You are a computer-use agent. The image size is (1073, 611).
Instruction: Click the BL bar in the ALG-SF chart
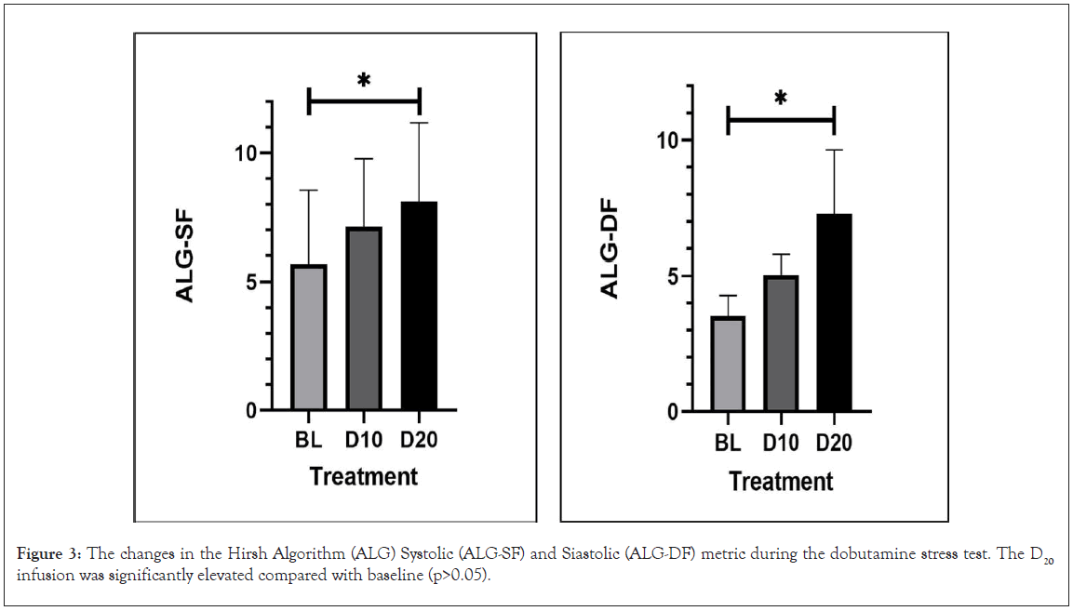coord(309,338)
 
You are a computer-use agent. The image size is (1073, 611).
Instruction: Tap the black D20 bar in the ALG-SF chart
coord(420,306)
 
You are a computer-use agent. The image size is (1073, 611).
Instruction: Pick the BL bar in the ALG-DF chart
coord(727,364)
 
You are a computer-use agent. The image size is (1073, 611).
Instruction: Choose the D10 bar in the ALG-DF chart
coord(781,343)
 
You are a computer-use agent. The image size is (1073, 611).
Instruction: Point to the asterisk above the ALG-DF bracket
coord(781,99)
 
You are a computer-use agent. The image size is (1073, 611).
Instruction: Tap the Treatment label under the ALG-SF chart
coord(364,477)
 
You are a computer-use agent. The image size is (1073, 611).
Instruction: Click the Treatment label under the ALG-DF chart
coord(781,482)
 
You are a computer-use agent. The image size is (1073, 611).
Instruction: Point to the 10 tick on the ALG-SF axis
coord(245,153)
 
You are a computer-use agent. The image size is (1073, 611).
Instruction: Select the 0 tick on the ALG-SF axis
coord(251,411)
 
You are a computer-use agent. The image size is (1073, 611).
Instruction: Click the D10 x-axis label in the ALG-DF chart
coord(781,445)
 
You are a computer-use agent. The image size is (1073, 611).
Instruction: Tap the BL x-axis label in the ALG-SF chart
coord(309,440)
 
